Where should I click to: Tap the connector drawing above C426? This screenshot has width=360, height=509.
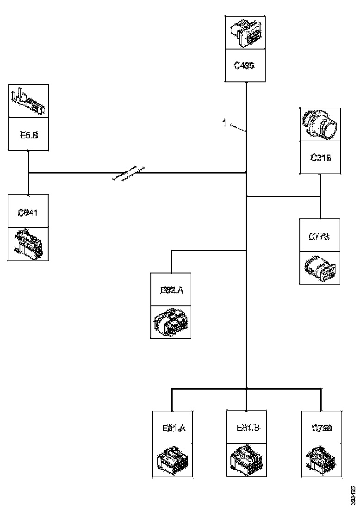[x=245, y=33]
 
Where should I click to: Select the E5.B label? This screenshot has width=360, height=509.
[x=28, y=135]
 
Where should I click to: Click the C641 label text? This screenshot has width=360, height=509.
[x=28, y=213]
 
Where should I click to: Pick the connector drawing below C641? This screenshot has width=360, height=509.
[x=28, y=243]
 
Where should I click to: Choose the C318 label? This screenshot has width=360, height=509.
[x=320, y=157]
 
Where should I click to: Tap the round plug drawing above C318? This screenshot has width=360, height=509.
[x=320, y=124]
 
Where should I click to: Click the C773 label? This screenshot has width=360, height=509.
[x=319, y=236]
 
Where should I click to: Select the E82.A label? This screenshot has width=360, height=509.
[x=172, y=290]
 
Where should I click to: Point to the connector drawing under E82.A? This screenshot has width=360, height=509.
[x=171, y=322]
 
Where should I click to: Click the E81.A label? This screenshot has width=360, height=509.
[x=174, y=428]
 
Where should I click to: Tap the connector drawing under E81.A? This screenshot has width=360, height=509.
[x=172, y=461]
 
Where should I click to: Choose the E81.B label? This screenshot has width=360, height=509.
[x=248, y=428]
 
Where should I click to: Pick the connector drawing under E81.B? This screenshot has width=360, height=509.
[x=247, y=459]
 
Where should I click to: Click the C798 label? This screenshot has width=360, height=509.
[x=322, y=428]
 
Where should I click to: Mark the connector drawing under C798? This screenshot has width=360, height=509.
[x=321, y=460]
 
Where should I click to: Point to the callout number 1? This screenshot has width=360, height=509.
[x=224, y=123]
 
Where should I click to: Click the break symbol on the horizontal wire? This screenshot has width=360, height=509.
[x=129, y=173]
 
